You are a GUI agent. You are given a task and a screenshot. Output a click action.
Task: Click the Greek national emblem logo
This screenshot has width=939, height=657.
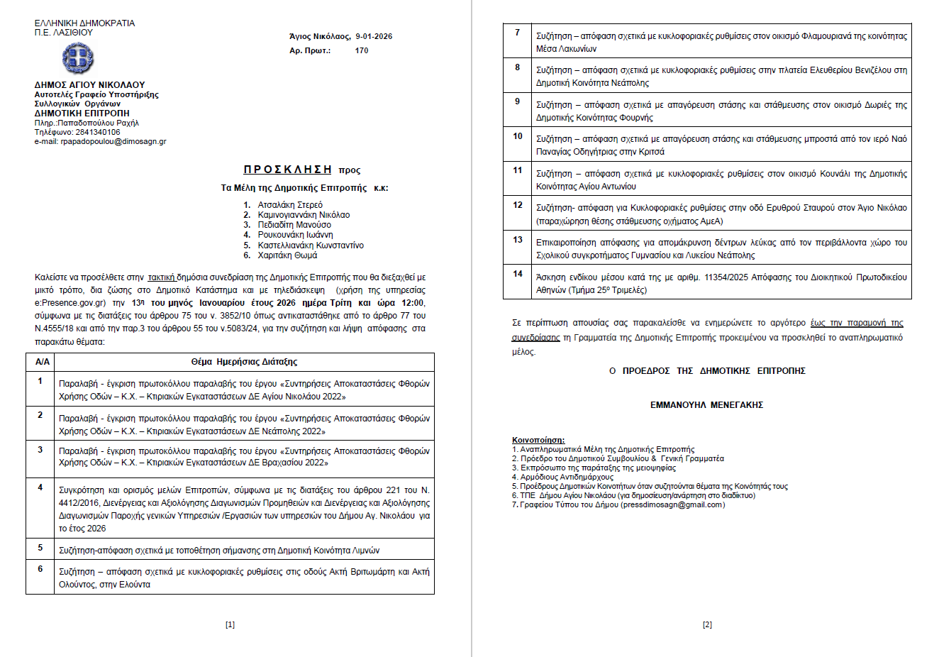click(77, 58)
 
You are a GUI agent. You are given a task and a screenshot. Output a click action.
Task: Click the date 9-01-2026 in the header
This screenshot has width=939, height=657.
click(374, 36)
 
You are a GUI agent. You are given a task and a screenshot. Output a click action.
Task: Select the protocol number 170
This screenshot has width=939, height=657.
click(362, 50)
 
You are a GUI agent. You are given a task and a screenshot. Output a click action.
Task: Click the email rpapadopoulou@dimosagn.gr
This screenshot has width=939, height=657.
click(113, 141)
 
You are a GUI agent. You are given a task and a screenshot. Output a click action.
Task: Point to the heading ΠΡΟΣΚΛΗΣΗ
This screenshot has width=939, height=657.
click(288, 170)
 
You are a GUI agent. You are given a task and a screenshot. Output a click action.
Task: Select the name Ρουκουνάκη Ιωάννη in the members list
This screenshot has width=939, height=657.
click(295, 235)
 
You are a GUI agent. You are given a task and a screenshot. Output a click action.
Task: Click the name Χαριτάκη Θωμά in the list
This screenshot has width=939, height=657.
click(287, 255)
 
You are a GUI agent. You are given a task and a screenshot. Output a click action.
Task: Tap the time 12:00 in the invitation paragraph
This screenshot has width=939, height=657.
click(413, 303)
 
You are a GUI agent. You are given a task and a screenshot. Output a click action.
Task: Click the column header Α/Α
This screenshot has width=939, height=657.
click(43, 362)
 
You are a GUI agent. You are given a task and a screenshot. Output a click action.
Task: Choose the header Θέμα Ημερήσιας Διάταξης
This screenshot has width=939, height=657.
click(244, 362)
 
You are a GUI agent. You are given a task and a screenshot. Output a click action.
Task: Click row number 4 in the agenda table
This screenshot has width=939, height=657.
click(40, 487)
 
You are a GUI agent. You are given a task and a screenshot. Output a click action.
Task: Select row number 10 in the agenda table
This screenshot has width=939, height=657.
click(518, 136)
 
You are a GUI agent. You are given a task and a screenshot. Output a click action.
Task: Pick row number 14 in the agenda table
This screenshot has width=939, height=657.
click(518, 274)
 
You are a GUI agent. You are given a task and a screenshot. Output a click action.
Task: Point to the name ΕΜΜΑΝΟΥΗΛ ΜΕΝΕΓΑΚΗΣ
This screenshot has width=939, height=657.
click(706, 405)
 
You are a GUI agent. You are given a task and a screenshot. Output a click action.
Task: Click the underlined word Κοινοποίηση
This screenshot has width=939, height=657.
click(538, 441)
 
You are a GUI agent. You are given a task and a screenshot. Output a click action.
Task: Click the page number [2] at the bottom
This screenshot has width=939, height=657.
click(707, 624)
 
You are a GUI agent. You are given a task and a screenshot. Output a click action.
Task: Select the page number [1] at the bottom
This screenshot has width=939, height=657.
click(230, 624)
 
